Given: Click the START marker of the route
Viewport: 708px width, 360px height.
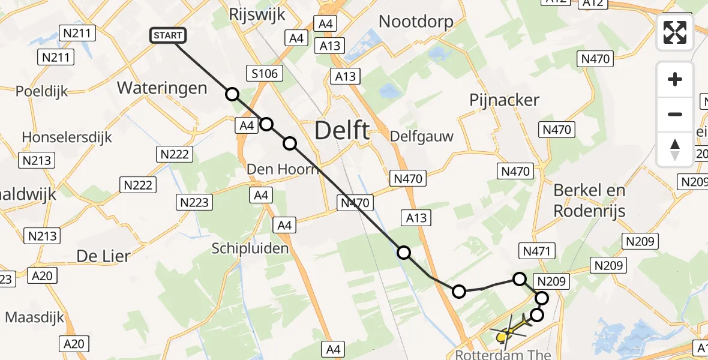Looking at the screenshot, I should [x=168, y=35].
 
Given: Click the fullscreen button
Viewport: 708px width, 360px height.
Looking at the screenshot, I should [x=675, y=32].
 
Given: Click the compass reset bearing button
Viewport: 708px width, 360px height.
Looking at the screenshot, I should [x=675, y=149].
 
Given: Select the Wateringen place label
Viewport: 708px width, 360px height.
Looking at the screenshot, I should [x=162, y=88].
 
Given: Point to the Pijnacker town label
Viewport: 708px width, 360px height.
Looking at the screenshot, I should [x=505, y=100].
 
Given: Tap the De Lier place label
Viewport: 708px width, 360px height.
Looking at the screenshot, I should [x=103, y=256].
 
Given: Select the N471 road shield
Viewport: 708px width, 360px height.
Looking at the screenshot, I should [x=539, y=251].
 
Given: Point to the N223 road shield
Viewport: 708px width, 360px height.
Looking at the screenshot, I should [x=195, y=203].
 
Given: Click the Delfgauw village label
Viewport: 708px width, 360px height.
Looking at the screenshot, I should [x=421, y=136].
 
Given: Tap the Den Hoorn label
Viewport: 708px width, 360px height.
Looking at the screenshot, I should [x=283, y=169].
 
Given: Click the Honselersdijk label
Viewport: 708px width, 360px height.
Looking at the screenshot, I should [x=67, y=137].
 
